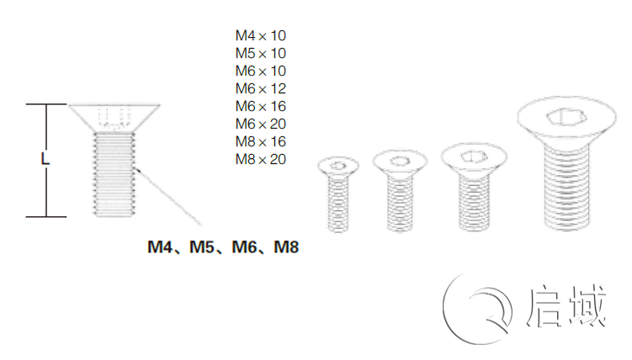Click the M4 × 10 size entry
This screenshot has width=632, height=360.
[261, 35]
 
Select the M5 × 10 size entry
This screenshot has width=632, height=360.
[261, 53]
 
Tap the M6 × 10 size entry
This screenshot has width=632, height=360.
[261, 71]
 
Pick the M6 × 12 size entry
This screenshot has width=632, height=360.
[261, 88]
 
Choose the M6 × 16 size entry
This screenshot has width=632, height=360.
[261, 106]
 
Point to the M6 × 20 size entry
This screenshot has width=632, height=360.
[261, 124]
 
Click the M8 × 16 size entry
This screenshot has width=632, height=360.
[261, 141]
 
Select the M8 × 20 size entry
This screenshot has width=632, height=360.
[261, 159]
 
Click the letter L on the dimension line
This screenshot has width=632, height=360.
[45, 158]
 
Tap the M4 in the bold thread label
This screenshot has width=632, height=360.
[162, 247]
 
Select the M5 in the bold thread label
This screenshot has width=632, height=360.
[204, 247]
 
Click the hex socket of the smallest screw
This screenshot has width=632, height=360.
[338, 165]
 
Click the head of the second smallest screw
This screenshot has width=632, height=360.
[400, 160]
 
